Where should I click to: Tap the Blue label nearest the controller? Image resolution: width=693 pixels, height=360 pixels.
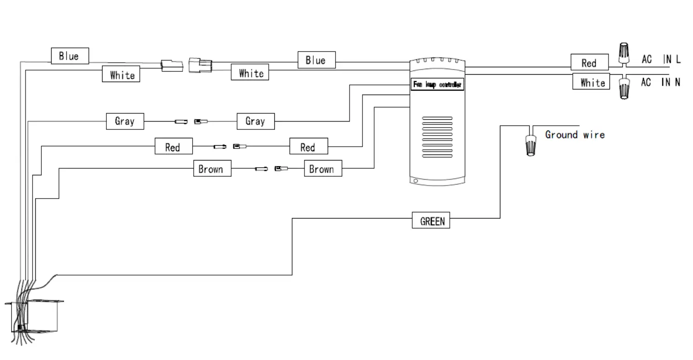316,60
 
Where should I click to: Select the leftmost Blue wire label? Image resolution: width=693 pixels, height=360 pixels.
69,56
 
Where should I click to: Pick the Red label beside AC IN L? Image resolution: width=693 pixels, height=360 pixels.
589,63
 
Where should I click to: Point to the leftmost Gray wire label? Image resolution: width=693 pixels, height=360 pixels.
125,121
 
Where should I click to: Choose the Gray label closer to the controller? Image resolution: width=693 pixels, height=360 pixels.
255,121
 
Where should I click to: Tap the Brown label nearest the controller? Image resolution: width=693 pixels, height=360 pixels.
322,168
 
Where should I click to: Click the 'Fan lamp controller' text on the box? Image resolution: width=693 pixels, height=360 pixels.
437,85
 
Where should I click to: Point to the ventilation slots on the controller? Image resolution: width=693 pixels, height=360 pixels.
437,137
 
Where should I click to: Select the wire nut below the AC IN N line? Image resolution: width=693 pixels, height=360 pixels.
624,88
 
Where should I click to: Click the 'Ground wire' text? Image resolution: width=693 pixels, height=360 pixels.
575,135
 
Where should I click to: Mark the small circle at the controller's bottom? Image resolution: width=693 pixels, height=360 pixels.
415,181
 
